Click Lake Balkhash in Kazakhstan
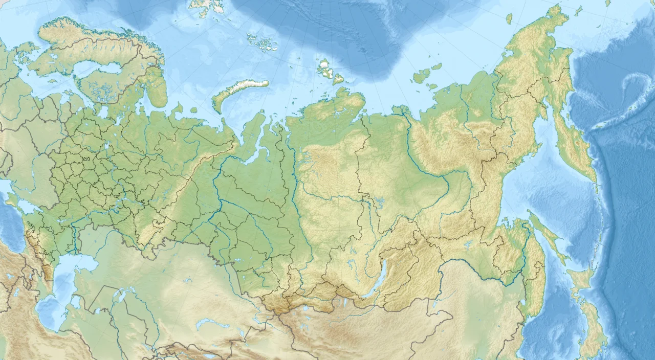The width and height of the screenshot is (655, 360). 210,324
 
